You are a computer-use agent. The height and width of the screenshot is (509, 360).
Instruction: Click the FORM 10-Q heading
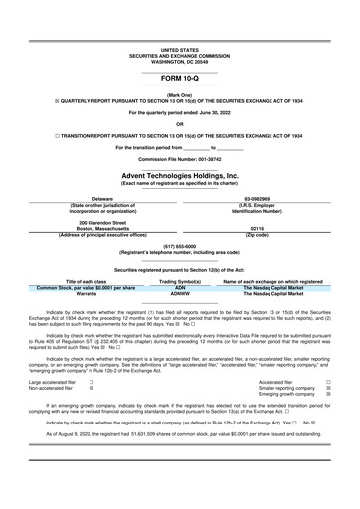coord(179,77)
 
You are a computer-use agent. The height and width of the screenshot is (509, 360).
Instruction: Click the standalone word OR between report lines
coord(179,123)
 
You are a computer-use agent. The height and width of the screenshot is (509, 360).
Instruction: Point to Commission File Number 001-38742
coord(179,158)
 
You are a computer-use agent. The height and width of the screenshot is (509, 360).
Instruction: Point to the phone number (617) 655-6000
coord(179,246)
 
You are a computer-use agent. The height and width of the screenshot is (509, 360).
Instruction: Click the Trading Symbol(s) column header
coord(179,282)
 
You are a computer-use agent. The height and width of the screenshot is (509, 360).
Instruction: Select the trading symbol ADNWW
coord(179,294)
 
